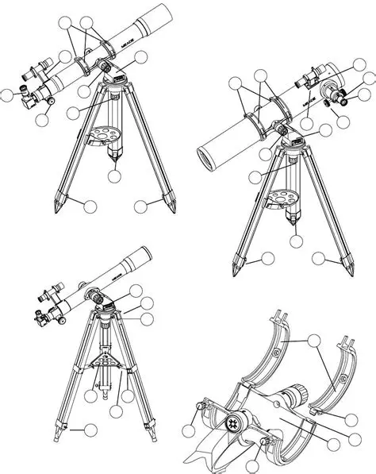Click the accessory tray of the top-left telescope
coord(106,134)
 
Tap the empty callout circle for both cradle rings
coord(316,342)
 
